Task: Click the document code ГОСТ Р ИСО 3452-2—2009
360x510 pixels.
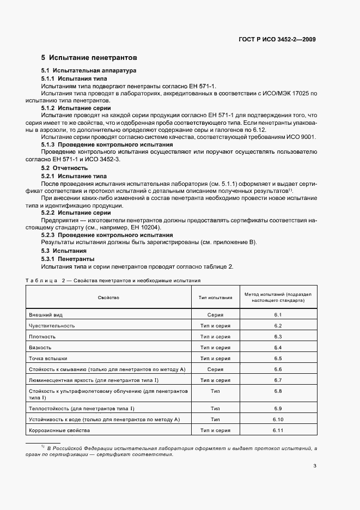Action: pyautogui.click(x=277, y=40)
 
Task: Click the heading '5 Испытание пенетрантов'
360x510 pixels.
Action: pyautogui.click(x=89, y=57)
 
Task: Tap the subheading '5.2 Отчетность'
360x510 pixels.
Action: pyautogui.click(x=64, y=168)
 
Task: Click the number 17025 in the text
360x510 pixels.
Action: pyautogui.click(x=296, y=94)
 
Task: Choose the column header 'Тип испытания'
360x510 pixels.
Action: pyautogui.click(x=215, y=297)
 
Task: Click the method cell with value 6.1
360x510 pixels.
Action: pyautogui.click(x=277, y=315)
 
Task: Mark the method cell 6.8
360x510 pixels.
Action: pyautogui.click(x=277, y=391)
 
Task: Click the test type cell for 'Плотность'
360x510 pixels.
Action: pyautogui.click(x=215, y=337)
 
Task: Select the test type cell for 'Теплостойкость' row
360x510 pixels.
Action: pyautogui.click(x=215, y=409)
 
